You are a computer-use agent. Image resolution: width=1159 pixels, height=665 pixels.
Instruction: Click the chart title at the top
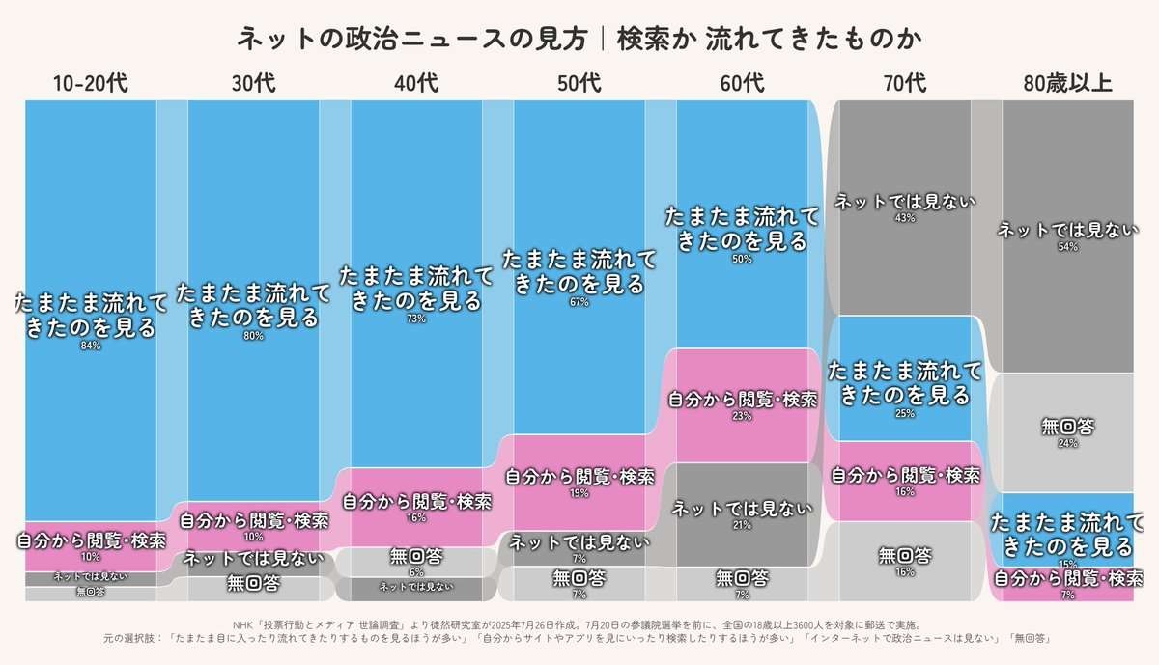[579, 39]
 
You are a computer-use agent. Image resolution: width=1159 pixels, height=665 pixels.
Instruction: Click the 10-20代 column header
[90, 84]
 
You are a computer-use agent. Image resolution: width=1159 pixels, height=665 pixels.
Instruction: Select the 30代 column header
[253, 84]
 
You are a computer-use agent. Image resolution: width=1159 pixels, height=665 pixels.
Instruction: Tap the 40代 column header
[416, 84]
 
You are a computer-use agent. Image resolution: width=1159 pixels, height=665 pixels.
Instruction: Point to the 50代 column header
[579, 84]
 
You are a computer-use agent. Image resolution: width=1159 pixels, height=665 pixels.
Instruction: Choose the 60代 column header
[742, 84]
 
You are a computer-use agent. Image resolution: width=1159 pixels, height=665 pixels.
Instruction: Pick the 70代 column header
[905, 84]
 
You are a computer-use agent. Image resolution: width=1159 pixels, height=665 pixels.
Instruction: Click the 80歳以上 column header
[1067, 84]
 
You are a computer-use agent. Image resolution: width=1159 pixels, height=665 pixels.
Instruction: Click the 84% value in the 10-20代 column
[90, 346]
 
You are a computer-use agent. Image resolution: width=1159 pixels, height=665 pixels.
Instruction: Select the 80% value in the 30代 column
[253, 336]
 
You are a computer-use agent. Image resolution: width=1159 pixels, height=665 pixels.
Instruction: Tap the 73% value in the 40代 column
[416, 319]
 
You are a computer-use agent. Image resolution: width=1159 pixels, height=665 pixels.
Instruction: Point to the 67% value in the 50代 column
[579, 302]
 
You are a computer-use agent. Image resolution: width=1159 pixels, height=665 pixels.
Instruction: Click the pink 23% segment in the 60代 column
[742, 405]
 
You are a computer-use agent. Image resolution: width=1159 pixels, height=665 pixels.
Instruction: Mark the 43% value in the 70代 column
[905, 218]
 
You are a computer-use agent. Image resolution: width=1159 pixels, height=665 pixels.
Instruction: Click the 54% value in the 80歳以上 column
[1067, 247]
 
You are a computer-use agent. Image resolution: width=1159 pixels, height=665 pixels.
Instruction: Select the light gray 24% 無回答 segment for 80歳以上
[1067, 432]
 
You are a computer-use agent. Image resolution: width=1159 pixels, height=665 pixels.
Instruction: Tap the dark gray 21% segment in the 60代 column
[742, 514]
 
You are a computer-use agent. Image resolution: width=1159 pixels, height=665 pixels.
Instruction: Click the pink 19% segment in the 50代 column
[579, 483]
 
